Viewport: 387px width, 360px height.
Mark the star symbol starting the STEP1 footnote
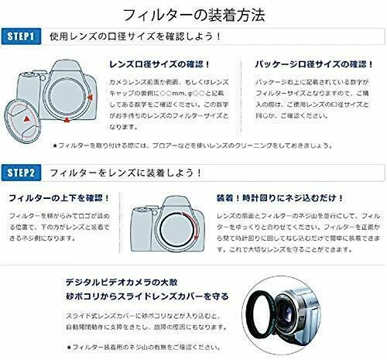(x=77, y=145)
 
